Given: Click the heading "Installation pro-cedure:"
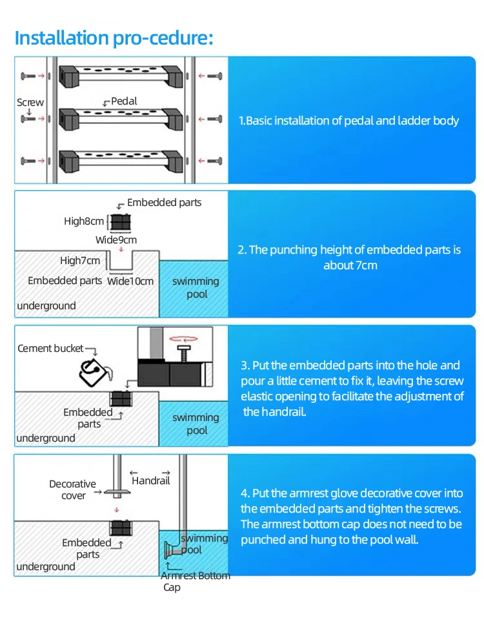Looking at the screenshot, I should [x=114, y=37].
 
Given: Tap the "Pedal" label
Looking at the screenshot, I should [x=124, y=101].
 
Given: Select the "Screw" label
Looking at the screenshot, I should [x=30, y=102].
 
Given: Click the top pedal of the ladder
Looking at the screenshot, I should [x=121, y=76].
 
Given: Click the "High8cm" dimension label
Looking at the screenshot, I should [x=84, y=221].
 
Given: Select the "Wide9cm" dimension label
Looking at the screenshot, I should [x=116, y=240].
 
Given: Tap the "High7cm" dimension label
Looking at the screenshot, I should [x=80, y=261].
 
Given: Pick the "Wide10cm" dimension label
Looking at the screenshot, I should [x=130, y=281].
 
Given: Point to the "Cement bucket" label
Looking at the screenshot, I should [x=51, y=349].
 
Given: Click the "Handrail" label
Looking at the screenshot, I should [x=150, y=480].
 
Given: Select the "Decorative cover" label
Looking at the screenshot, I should [x=72, y=489].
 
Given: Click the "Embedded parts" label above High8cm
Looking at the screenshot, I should [x=164, y=203].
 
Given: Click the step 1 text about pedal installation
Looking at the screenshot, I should [x=348, y=121].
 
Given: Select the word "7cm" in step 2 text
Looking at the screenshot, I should [x=365, y=265].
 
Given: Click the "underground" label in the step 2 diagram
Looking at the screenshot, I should [x=46, y=305].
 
